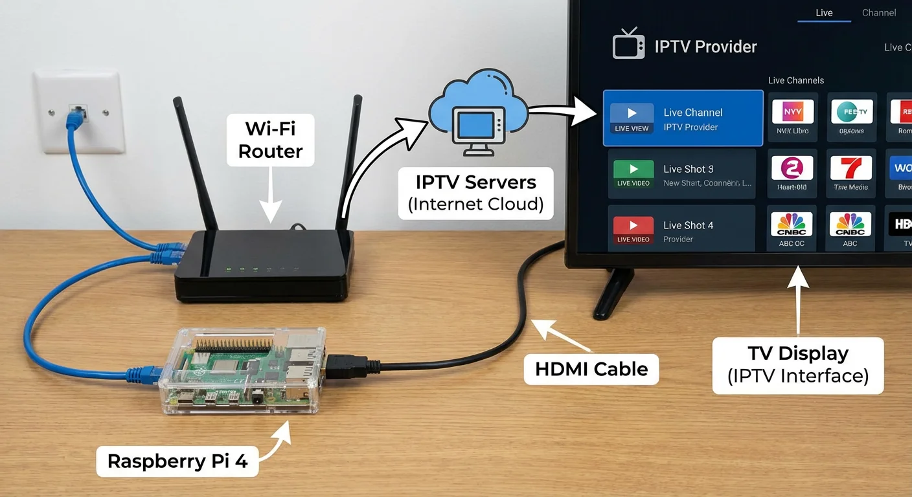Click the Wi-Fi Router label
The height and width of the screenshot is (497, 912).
coord(270,139)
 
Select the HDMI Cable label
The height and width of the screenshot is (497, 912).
coord(591,369)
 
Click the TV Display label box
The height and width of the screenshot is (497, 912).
coord(797,365)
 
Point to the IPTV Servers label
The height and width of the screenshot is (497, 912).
coord(475,193)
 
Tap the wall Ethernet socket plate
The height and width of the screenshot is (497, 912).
coord(79,111)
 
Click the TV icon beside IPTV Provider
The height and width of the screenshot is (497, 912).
coord(628,45)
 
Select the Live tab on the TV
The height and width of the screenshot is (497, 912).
coord(824,13)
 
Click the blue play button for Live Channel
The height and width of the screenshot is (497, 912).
coord(632,114)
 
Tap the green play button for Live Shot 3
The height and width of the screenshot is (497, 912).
coord(633,170)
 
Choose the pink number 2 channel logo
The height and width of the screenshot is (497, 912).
coord(792,168)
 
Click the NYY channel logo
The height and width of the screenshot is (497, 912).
coord(792,111)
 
